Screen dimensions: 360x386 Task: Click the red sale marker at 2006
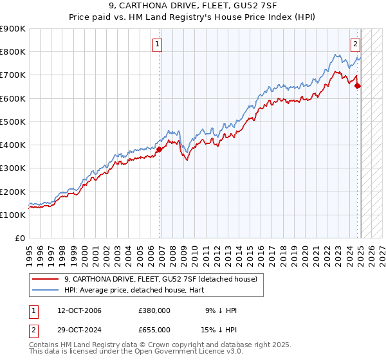[x=159, y=149]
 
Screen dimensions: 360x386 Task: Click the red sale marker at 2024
[x=358, y=85]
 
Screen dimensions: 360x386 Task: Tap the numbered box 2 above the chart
[x=355, y=44]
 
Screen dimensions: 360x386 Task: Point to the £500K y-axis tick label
[x=13, y=122]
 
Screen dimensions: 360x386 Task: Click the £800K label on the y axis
[x=13, y=52]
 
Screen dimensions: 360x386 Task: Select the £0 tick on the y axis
[x=20, y=238]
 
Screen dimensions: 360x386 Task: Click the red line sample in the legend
[x=46, y=279]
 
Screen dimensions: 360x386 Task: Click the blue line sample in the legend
[x=46, y=291]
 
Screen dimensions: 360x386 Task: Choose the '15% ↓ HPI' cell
[x=219, y=329]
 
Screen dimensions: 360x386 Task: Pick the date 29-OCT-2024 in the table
[x=75, y=329]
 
